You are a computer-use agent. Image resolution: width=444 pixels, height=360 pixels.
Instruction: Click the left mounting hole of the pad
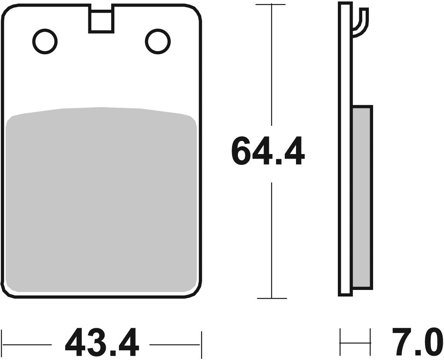[x=45, y=41]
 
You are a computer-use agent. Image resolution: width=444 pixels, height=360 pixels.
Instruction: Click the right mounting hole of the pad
[x=158, y=41]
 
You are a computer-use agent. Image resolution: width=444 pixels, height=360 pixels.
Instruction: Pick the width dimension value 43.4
[x=102, y=343]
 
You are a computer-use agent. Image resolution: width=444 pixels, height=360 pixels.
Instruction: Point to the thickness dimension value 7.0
[x=417, y=343]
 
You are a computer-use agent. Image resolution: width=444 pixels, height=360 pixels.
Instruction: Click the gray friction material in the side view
[x=362, y=197]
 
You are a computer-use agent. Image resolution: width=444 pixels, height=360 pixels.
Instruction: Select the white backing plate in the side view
[x=345, y=155]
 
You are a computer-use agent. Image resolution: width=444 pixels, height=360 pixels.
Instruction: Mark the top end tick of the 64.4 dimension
[x=271, y=5]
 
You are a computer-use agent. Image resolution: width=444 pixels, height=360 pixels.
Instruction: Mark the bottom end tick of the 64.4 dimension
[x=271, y=298]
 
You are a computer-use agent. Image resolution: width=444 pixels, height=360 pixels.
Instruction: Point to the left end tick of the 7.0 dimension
[x=340, y=342]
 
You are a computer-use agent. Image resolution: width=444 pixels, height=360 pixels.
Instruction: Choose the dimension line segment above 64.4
[x=271, y=66]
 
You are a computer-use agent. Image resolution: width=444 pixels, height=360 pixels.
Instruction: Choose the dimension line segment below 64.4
[x=271, y=240]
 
